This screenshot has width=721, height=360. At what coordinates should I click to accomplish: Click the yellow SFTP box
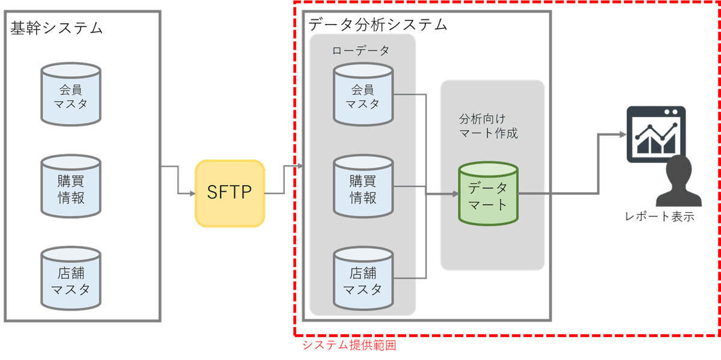tap(230, 193)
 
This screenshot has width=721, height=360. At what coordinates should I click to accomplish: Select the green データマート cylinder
tap(488, 194)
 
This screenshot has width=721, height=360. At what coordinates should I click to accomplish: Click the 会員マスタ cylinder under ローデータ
tap(363, 96)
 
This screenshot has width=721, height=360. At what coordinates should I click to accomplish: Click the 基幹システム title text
tap(56, 28)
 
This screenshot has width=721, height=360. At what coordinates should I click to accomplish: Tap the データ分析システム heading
tap(378, 25)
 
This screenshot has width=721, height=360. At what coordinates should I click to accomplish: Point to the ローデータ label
tap(361, 51)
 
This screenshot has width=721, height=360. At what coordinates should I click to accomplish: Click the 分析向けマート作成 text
tap(488, 126)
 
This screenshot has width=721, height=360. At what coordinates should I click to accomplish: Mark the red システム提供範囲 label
tap(349, 346)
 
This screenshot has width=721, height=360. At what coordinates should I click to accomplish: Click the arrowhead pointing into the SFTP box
tap(190, 193)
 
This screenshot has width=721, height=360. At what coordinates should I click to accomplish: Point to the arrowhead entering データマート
tap(454, 194)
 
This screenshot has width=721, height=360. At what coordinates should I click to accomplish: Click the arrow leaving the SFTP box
tap(282, 180)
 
